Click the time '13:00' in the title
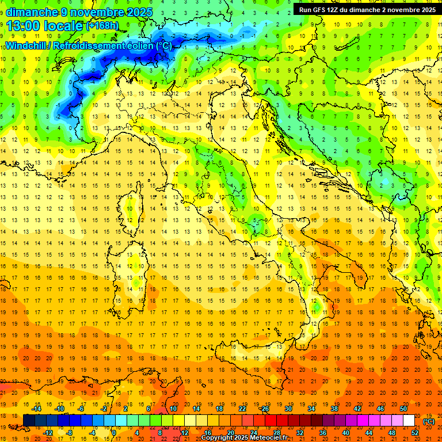pos(24,25)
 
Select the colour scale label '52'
pos(415,433)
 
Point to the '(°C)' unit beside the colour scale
pos(429,421)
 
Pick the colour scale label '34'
pos(311,409)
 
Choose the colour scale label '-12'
pos(48,433)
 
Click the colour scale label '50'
pos(403,409)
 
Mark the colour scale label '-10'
pos(59,409)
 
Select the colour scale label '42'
pos(357,409)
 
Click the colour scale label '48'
pos(392,433)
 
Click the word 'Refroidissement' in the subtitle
pos(89,45)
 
